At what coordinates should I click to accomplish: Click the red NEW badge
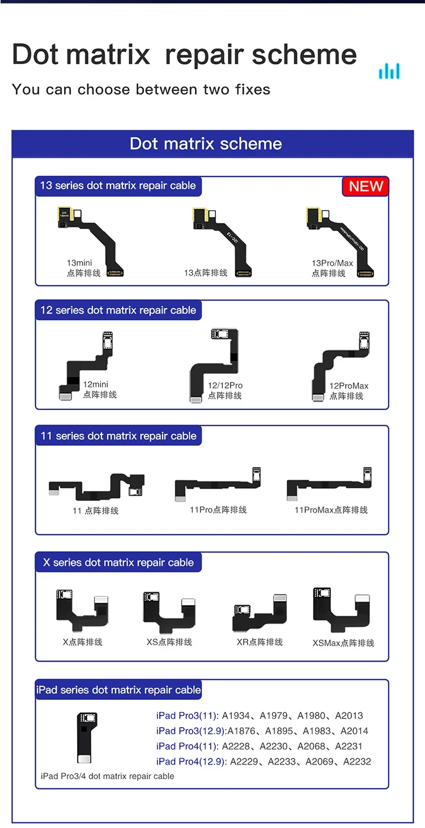(365, 186)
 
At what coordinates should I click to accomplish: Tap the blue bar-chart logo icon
(389, 71)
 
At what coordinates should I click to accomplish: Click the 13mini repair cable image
(91, 241)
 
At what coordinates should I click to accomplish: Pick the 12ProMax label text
(348, 386)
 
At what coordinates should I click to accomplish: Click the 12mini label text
(95, 385)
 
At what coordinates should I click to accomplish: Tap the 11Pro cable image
(218, 484)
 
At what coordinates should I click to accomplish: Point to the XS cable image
(169, 613)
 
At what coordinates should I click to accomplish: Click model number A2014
(354, 731)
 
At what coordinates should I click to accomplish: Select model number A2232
(357, 762)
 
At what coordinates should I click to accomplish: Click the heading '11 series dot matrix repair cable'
(118, 436)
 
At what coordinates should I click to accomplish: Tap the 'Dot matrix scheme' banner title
(206, 143)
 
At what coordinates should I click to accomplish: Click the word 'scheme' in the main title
(304, 55)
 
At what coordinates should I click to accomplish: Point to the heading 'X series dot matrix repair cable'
(118, 562)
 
